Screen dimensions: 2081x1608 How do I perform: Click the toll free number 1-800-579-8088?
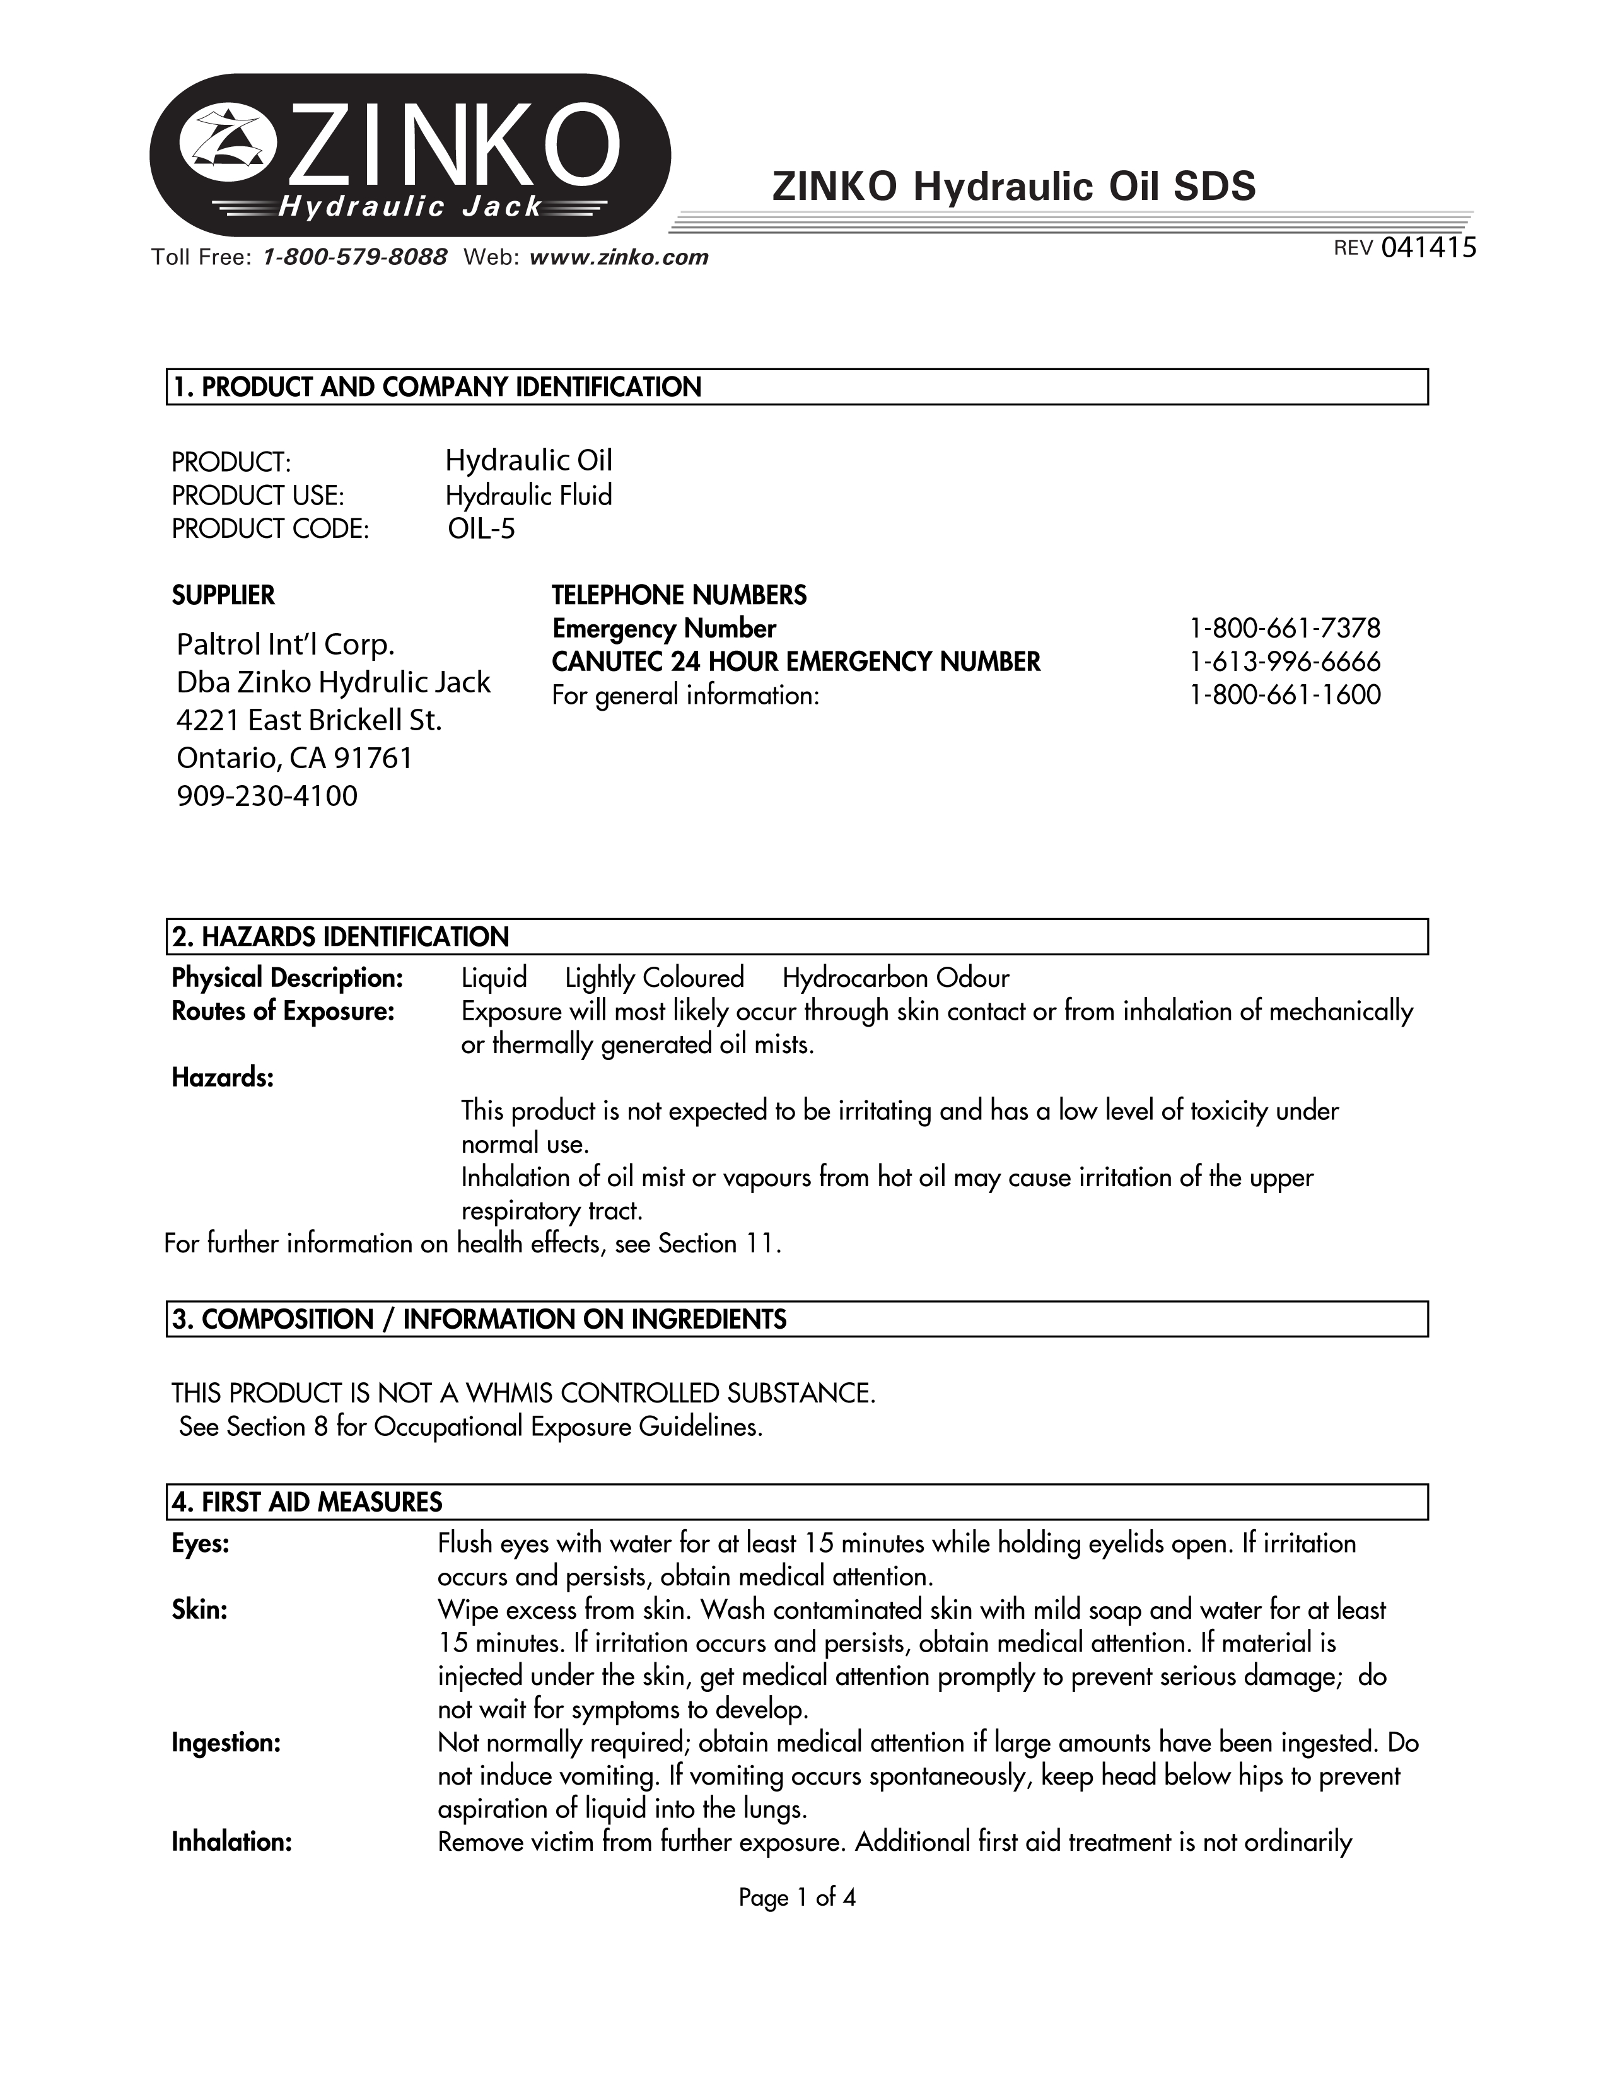coord(354,257)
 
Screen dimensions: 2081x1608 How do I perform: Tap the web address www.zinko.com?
coord(618,257)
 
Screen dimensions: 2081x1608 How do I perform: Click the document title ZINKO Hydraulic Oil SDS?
coord(1013,187)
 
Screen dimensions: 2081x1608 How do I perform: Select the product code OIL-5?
coord(481,529)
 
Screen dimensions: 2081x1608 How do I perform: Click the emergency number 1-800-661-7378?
coord(1284,629)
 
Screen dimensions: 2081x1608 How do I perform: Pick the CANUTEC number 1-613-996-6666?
coord(1284,662)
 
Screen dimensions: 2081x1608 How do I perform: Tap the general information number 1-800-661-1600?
coord(1284,696)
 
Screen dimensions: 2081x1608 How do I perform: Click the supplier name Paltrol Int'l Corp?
coord(286,645)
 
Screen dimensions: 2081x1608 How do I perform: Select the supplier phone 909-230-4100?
coord(267,796)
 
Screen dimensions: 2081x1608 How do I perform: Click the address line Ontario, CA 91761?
coord(295,759)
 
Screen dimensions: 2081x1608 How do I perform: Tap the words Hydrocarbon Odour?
coord(895,979)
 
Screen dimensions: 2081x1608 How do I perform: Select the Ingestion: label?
coord(226,1744)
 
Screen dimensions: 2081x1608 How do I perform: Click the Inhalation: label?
coord(231,1843)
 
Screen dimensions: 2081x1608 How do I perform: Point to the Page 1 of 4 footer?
coord(797,1898)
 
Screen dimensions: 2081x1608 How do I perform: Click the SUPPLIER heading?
coord(223,595)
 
